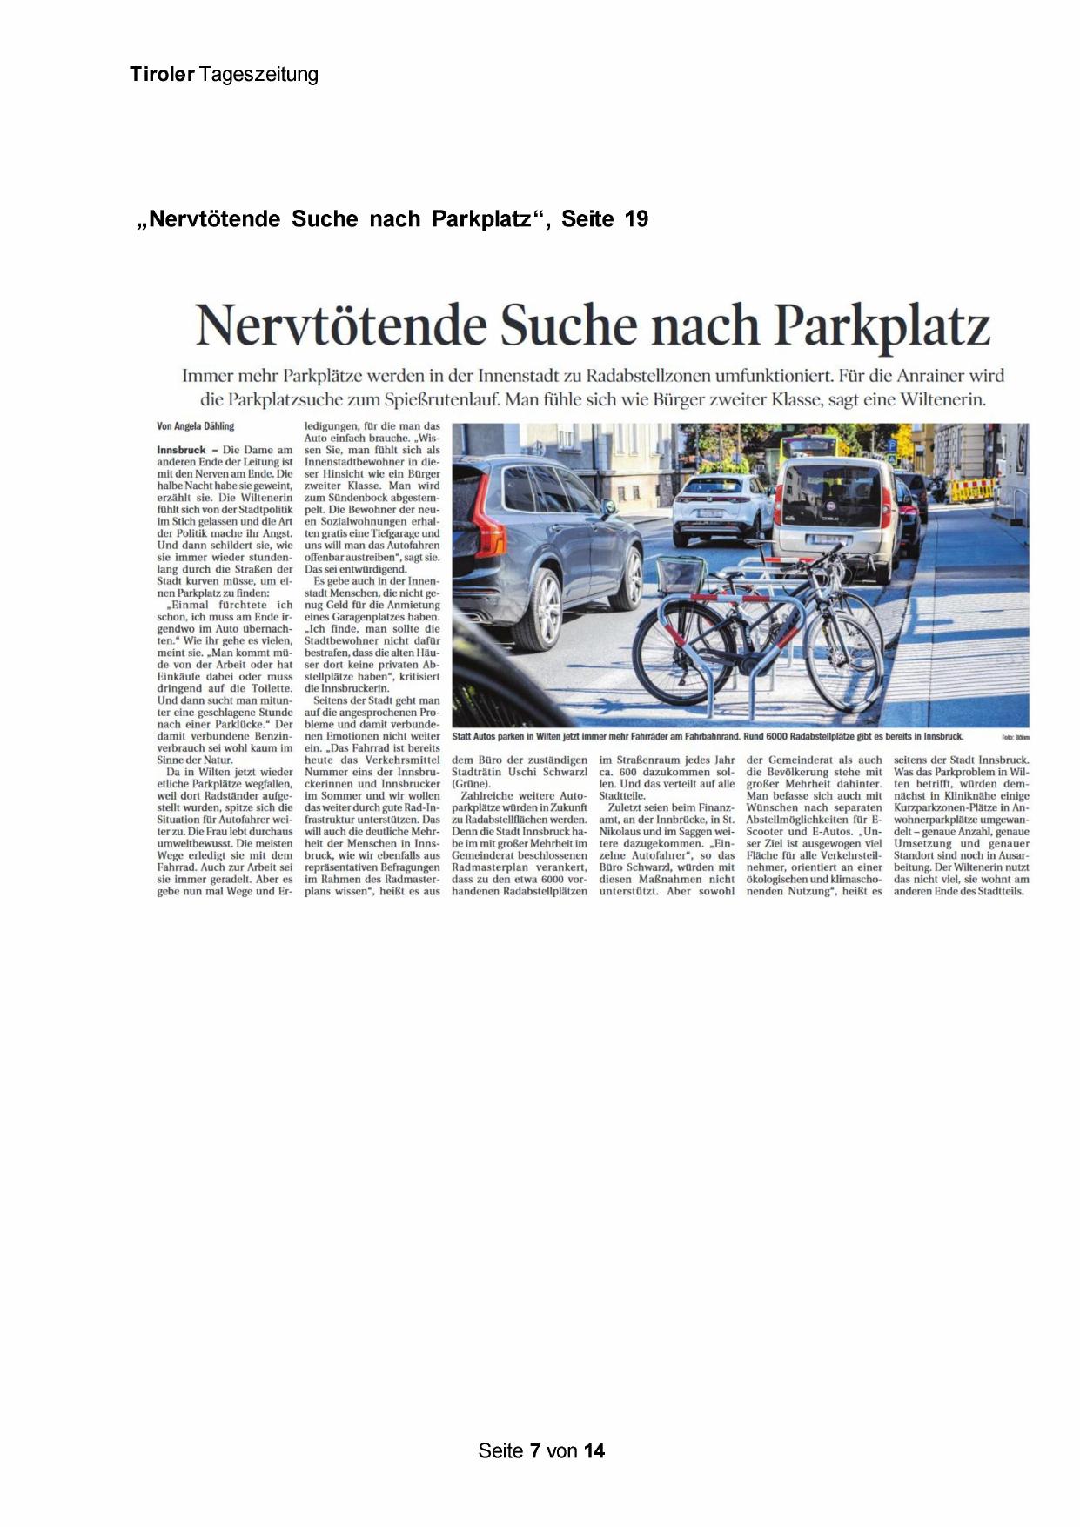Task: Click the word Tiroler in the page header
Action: point(162,75)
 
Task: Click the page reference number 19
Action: point(636,219)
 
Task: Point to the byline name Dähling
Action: point(218,426)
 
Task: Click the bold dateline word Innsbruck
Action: point(181,450)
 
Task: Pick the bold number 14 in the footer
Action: point(594,1450)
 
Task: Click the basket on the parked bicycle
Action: point(681,575)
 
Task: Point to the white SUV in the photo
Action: point(721,508)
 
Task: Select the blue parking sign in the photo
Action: point(891,445)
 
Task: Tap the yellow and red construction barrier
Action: point(971,490)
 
